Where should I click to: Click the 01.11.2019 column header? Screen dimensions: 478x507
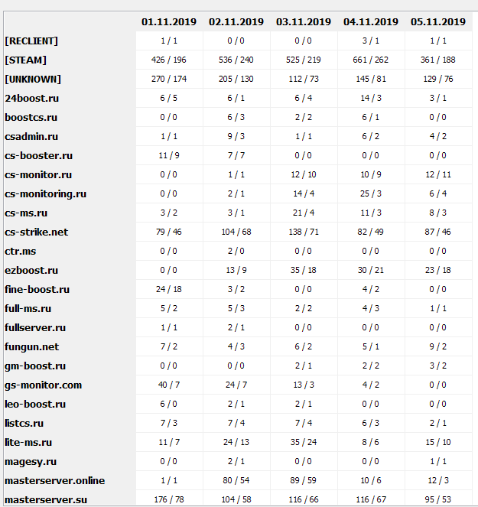tap(169, 22)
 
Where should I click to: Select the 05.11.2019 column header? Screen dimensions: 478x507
tap(438, 22)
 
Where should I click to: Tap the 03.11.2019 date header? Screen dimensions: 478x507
tap(304, 22)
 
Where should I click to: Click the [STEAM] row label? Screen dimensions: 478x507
tap(25, 60)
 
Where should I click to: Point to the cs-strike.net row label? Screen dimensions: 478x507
tap(36, 232)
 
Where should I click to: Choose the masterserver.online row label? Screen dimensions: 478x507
tap(54, 480)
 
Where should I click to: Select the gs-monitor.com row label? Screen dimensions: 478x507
tap(43, 385)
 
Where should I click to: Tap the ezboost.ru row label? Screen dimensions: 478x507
tap(31, 270)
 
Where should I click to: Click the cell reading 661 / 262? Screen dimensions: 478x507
tap(371, 60)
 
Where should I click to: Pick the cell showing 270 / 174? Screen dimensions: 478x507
tap(169, 79)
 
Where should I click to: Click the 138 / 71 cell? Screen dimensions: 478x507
tap(304, 232)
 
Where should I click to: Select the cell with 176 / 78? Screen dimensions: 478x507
tap(169, 499)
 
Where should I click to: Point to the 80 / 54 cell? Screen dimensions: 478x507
tap(236, 480)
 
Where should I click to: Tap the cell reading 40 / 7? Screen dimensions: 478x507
tap(169, 385)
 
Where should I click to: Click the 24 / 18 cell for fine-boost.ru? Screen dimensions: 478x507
tap(169, 289)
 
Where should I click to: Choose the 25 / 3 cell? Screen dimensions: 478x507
tap(371, 193)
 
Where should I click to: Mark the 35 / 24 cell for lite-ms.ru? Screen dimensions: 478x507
tap(304, 442)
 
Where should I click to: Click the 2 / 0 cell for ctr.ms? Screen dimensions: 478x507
tap(236, 251)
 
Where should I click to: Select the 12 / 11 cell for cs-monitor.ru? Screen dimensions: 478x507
tap(438, 174)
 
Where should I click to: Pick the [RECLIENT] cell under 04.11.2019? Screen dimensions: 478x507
tap(371, 41)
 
